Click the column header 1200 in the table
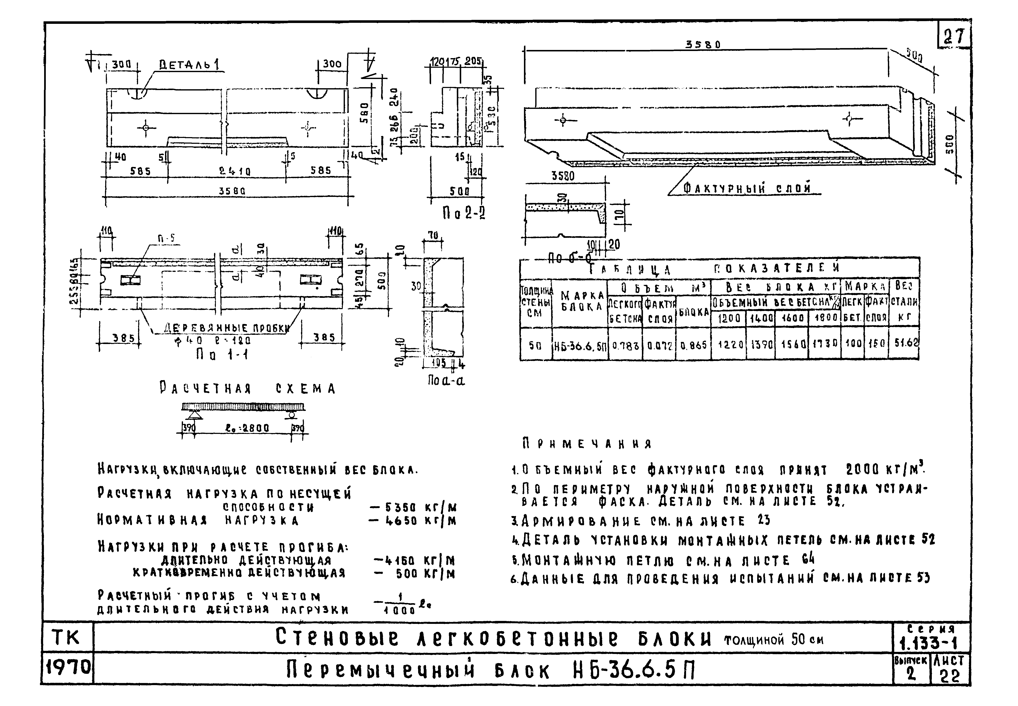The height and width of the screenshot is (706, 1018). tap(729, 318)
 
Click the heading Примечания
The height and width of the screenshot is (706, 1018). tap(586, 444)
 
